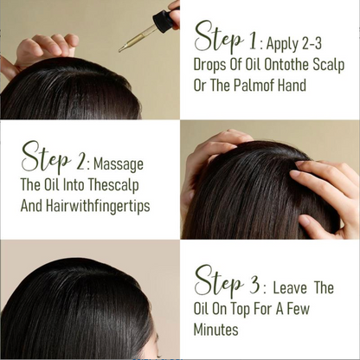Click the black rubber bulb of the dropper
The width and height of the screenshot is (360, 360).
pos(164,18)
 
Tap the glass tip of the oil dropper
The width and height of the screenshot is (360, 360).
pos(120,50)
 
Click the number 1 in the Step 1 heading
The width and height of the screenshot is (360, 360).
pos(252,42)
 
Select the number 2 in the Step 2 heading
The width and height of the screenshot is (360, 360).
pos(80,161)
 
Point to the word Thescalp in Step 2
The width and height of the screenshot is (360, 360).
pos(113,186)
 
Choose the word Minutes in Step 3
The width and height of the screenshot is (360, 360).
pos(215,330)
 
